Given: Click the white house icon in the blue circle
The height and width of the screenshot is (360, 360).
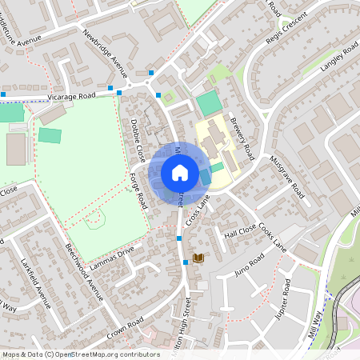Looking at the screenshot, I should tap(179, 172).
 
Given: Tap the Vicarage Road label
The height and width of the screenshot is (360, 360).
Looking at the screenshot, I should tap(71, 95).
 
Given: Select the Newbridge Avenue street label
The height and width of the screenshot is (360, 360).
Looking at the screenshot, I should tap(105, 50).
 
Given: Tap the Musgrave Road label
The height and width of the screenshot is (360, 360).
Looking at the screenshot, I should tap(287, 177).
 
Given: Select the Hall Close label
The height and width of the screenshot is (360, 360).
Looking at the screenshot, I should tap(239, 233).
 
